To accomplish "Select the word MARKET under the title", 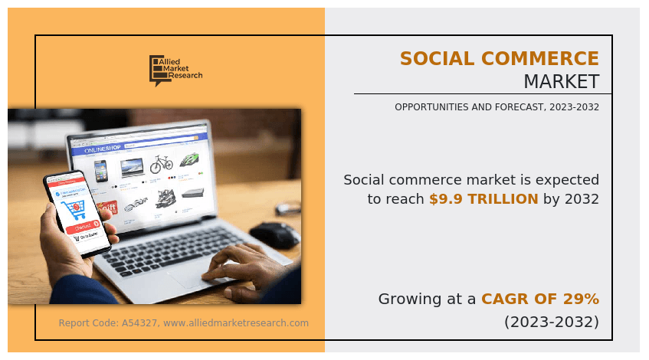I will click(561, 82).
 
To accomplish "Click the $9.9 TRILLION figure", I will click(483, 199).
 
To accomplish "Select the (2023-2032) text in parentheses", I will click(551, 322).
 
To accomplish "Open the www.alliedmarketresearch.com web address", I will click(236, 323).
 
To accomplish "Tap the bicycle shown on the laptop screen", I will click(162, 164).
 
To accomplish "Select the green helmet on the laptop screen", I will click(190, 160).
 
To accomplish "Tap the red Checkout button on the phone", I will click(83, 227).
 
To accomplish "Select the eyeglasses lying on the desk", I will click(287, 208).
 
